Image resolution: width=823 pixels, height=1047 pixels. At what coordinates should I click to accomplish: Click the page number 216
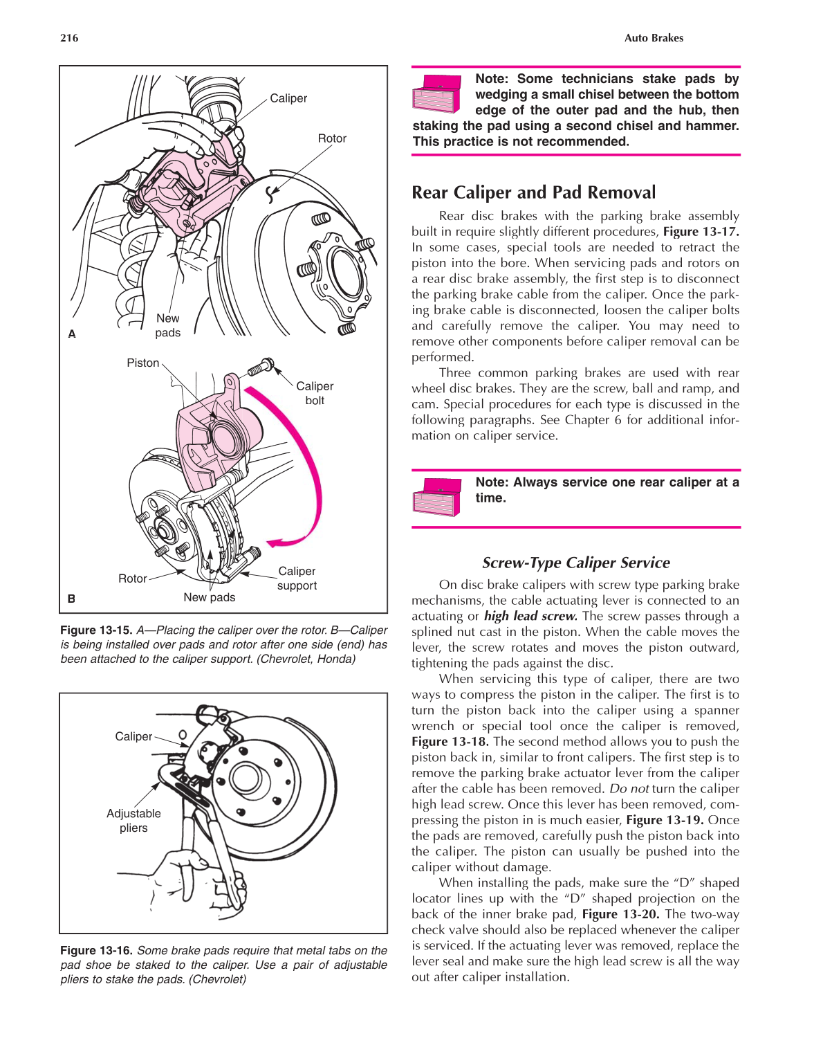[69, 38]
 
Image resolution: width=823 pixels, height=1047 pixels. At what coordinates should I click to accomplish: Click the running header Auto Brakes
[653, 38]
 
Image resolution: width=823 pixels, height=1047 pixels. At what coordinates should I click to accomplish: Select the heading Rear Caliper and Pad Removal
[533, 192]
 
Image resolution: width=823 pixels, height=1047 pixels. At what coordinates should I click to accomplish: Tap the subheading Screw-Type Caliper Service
[575, 563]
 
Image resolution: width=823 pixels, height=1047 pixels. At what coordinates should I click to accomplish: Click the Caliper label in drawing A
[288, 98]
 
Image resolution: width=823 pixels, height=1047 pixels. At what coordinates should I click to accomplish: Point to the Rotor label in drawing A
[332, 138]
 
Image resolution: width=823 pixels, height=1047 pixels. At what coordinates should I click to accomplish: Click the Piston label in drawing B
[142, 363]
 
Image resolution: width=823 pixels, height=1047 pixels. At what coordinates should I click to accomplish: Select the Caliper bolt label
[315, 393]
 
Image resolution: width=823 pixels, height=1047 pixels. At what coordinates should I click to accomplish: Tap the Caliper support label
[297, 578]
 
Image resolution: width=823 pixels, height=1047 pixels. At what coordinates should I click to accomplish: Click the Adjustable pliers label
[133, 821]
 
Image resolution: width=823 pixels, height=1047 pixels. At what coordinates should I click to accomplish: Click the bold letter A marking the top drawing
[72, 334]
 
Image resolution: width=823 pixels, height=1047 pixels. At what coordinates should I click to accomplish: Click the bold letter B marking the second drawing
[71, 599]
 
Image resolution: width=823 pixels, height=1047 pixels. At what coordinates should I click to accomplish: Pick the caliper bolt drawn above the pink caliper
[261, 367]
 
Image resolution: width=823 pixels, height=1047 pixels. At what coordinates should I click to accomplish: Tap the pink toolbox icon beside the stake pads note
[436, 94]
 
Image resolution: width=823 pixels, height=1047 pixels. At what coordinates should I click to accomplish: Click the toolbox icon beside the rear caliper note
[436, 497]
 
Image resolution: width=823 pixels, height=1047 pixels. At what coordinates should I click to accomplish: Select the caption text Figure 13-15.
[95, 630]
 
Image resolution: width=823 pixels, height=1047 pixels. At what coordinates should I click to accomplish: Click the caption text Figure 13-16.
[95, 950]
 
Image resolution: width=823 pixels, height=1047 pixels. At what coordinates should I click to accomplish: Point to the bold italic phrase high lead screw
[530, 616]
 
